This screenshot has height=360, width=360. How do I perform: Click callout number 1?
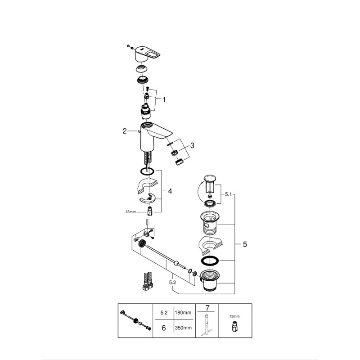pos(164,99)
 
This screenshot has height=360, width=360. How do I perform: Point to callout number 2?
pos(125,131)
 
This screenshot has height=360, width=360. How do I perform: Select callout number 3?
pos(192,145)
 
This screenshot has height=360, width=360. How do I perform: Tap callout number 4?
pos(170,191)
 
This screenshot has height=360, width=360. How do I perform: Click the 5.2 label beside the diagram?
pos(173,283)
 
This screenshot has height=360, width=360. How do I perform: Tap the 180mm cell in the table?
pos(184,311)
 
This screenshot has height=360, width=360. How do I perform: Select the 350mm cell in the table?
pos(184,328)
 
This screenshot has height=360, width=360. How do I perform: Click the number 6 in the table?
pos(163,328)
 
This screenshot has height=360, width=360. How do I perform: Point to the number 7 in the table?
pos(207,308)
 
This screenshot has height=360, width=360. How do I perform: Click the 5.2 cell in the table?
pos(163,311)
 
